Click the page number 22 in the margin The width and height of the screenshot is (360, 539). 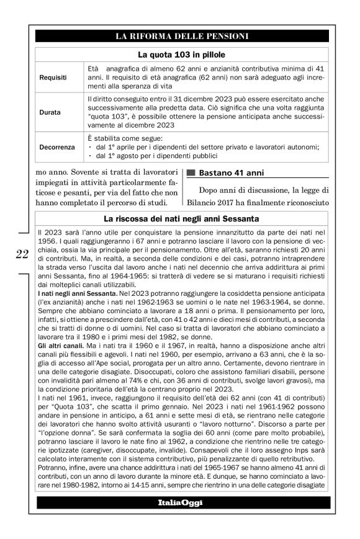coord(22,252)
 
